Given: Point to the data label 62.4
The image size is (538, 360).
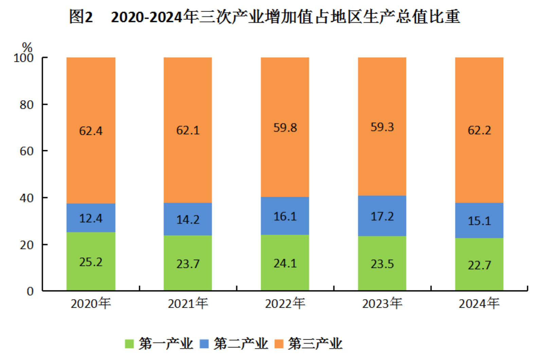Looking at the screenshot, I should point(91,131).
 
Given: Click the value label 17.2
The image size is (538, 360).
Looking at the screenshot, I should point(382,216).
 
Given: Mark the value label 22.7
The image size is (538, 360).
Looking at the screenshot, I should point(479,265).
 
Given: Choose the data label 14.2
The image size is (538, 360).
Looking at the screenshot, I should point(188,220).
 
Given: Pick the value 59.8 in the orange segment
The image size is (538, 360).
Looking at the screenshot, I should point(285,128).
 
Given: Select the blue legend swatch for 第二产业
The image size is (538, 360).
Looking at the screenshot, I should point(204,344).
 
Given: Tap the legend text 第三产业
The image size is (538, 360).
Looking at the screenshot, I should point(315,344).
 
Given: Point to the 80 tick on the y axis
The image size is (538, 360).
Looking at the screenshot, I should point(26,105).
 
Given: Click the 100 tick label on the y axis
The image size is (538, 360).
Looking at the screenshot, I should point(23,58).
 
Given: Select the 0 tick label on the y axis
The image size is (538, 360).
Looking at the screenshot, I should point(30,291).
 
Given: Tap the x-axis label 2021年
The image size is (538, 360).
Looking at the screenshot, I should point(188,303).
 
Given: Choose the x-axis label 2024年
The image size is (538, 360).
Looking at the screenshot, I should point(479,303).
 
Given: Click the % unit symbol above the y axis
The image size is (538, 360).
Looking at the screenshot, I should point(27,47).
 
